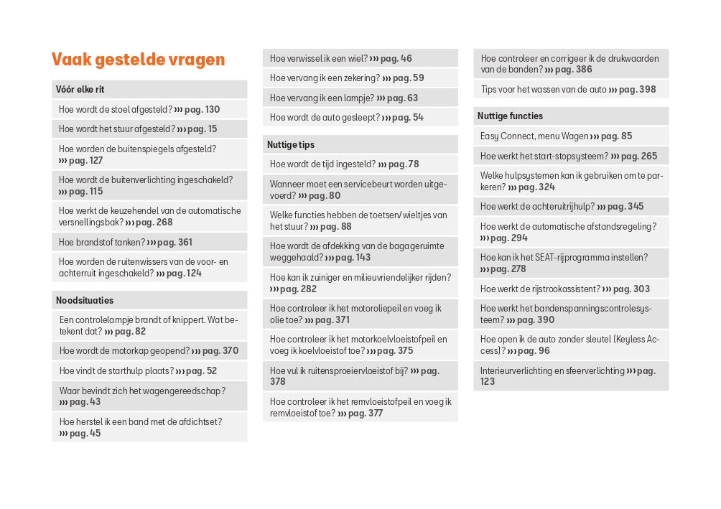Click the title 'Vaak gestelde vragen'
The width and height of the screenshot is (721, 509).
138,60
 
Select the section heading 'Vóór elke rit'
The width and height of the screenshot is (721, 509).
80,90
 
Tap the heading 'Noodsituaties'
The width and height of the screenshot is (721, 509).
85,300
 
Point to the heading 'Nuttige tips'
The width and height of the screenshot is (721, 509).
291,144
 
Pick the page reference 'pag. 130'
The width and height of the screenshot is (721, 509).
202,110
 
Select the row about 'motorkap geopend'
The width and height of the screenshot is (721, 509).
149,351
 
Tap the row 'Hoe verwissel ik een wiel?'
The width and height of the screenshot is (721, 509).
341,59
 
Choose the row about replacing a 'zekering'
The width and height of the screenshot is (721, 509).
347,78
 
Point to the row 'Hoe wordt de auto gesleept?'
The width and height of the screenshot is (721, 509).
347,117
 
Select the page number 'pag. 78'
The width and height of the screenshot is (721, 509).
404,164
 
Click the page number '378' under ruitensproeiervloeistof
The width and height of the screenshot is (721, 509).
278,382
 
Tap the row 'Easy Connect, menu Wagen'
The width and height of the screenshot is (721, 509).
557,136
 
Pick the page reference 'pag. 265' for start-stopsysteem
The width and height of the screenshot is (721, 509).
639,157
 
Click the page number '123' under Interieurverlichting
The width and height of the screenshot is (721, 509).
488,382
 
